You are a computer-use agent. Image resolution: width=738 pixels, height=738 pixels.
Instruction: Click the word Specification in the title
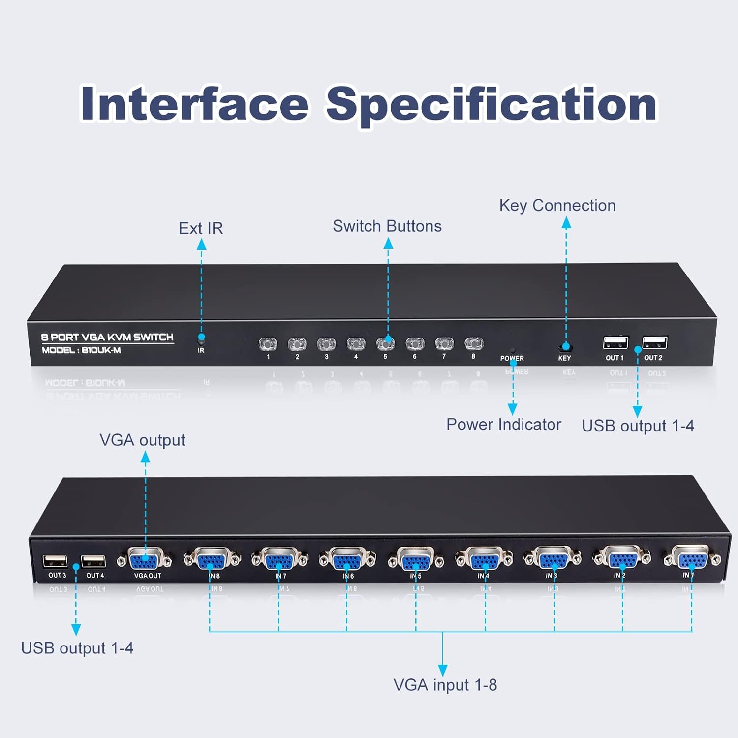492,104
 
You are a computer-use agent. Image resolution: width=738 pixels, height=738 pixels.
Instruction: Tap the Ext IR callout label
201,228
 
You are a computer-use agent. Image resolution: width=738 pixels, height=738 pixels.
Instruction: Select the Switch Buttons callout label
387,226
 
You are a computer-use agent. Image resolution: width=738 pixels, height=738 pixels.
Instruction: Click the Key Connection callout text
557,205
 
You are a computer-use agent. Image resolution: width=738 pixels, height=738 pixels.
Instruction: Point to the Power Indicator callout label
503,424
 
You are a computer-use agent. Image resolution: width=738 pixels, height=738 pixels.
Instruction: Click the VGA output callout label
142,440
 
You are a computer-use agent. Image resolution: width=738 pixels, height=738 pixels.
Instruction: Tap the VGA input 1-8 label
445,685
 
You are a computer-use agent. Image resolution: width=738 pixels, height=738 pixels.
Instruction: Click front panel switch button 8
474,343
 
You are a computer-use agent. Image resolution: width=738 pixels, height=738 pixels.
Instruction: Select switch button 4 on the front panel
356,343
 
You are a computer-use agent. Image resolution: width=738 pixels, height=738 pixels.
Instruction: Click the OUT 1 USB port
615,342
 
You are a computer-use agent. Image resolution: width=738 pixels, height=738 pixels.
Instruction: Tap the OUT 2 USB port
654,342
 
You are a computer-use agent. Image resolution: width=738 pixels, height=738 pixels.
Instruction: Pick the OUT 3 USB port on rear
55,561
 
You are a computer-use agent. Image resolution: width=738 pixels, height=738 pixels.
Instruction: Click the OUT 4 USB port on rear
93,561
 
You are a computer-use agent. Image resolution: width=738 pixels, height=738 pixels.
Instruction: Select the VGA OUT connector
144,560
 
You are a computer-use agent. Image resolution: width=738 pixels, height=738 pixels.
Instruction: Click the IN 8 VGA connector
212,560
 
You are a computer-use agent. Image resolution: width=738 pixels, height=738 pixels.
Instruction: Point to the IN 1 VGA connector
692,558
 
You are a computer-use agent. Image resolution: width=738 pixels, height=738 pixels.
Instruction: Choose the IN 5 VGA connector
415,560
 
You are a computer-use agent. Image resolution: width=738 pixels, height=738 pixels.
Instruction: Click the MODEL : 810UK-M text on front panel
81,350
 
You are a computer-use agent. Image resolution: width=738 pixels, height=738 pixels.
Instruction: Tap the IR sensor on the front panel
201,339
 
